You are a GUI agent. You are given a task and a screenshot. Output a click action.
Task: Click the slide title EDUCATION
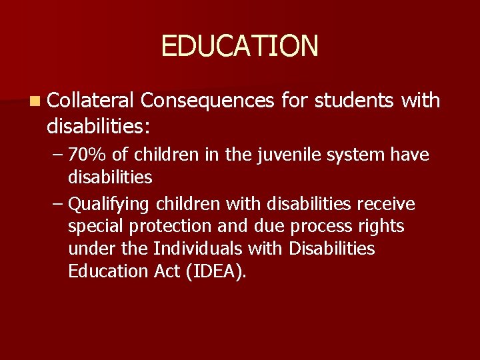240,46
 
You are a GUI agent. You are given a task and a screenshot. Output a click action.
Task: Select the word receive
388,203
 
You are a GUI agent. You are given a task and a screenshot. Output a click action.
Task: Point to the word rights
381,227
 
